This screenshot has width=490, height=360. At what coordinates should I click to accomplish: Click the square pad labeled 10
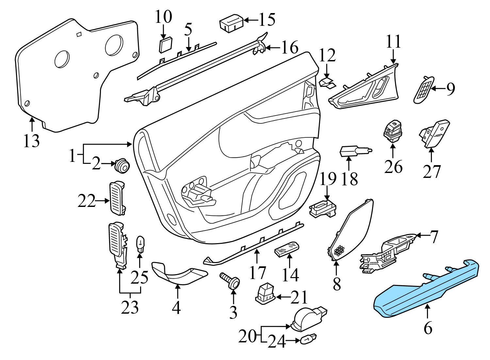tap(165, 45)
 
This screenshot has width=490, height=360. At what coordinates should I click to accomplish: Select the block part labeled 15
tap(231, 23)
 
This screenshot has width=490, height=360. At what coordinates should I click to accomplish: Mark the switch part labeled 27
tap(434, 134)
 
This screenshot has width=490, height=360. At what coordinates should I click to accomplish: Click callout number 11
tap(394, 42)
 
